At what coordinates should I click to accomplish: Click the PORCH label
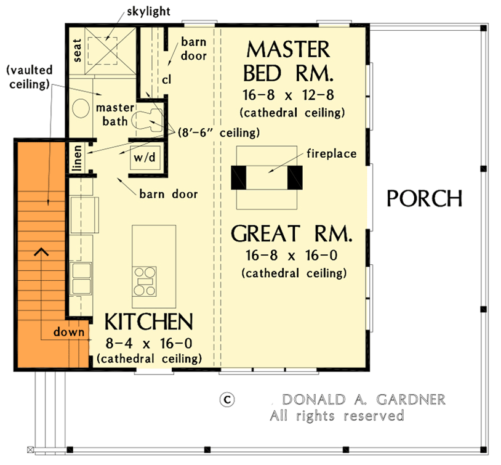424,198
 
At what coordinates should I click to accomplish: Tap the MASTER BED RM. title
288,62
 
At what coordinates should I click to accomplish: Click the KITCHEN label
148,322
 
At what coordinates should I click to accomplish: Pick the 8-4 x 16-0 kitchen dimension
148,343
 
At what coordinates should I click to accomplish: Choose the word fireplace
332,153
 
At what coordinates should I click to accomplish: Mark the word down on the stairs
68,332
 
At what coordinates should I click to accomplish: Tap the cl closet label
166,79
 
